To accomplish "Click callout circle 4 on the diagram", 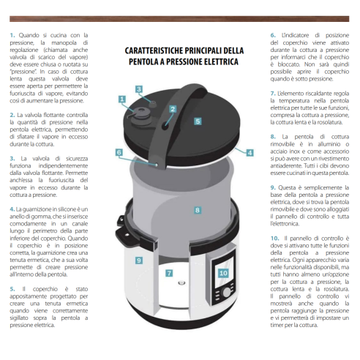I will (250, 153).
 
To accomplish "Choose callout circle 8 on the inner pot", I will (197, 210).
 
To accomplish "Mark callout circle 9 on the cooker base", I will (138, 260).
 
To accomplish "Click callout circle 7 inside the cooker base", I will (169, 273).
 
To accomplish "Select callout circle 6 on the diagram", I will (119, 153).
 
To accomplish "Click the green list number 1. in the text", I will (12, 35).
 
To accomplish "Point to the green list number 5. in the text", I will (12, 289).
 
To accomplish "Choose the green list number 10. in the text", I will (274, 238).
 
